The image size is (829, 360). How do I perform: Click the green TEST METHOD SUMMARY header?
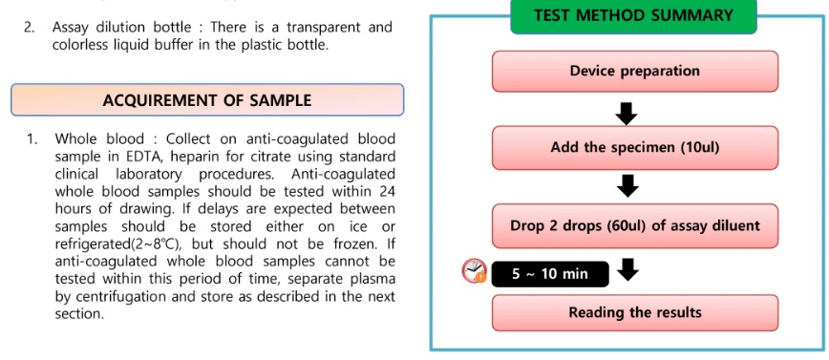[633, 15]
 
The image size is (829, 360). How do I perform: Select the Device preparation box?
[635, 72]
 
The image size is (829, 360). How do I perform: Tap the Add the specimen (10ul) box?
[635, 147]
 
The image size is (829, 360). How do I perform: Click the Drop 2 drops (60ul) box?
[635, 225]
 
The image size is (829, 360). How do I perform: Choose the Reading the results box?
[635, 312]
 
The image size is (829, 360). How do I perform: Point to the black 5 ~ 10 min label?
[550, 274]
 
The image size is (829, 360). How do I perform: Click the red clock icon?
[474, 270]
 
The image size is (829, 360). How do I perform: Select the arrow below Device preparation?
[627, 112]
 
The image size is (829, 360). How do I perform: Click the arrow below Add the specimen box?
[627, 185]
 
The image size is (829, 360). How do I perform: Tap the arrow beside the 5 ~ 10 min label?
[628, 268]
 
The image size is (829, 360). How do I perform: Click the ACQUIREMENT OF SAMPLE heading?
[207, 100]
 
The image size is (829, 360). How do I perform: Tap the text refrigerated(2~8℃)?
[121, 244]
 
